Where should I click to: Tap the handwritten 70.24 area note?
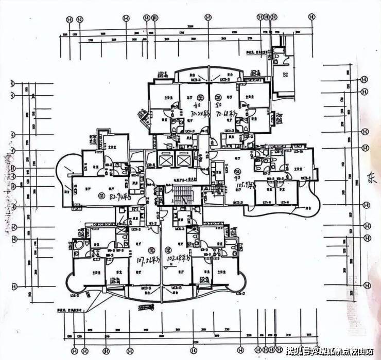(x=200, y=112)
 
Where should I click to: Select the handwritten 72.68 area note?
(x=227, y=112)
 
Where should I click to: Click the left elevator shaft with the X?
(x=165, y=160)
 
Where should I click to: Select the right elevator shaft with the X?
(x=184, y=160)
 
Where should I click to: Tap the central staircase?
(x=181, y=196)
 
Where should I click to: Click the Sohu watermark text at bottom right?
(x=330, y=351)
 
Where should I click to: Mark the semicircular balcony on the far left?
(x=66, y=175)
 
